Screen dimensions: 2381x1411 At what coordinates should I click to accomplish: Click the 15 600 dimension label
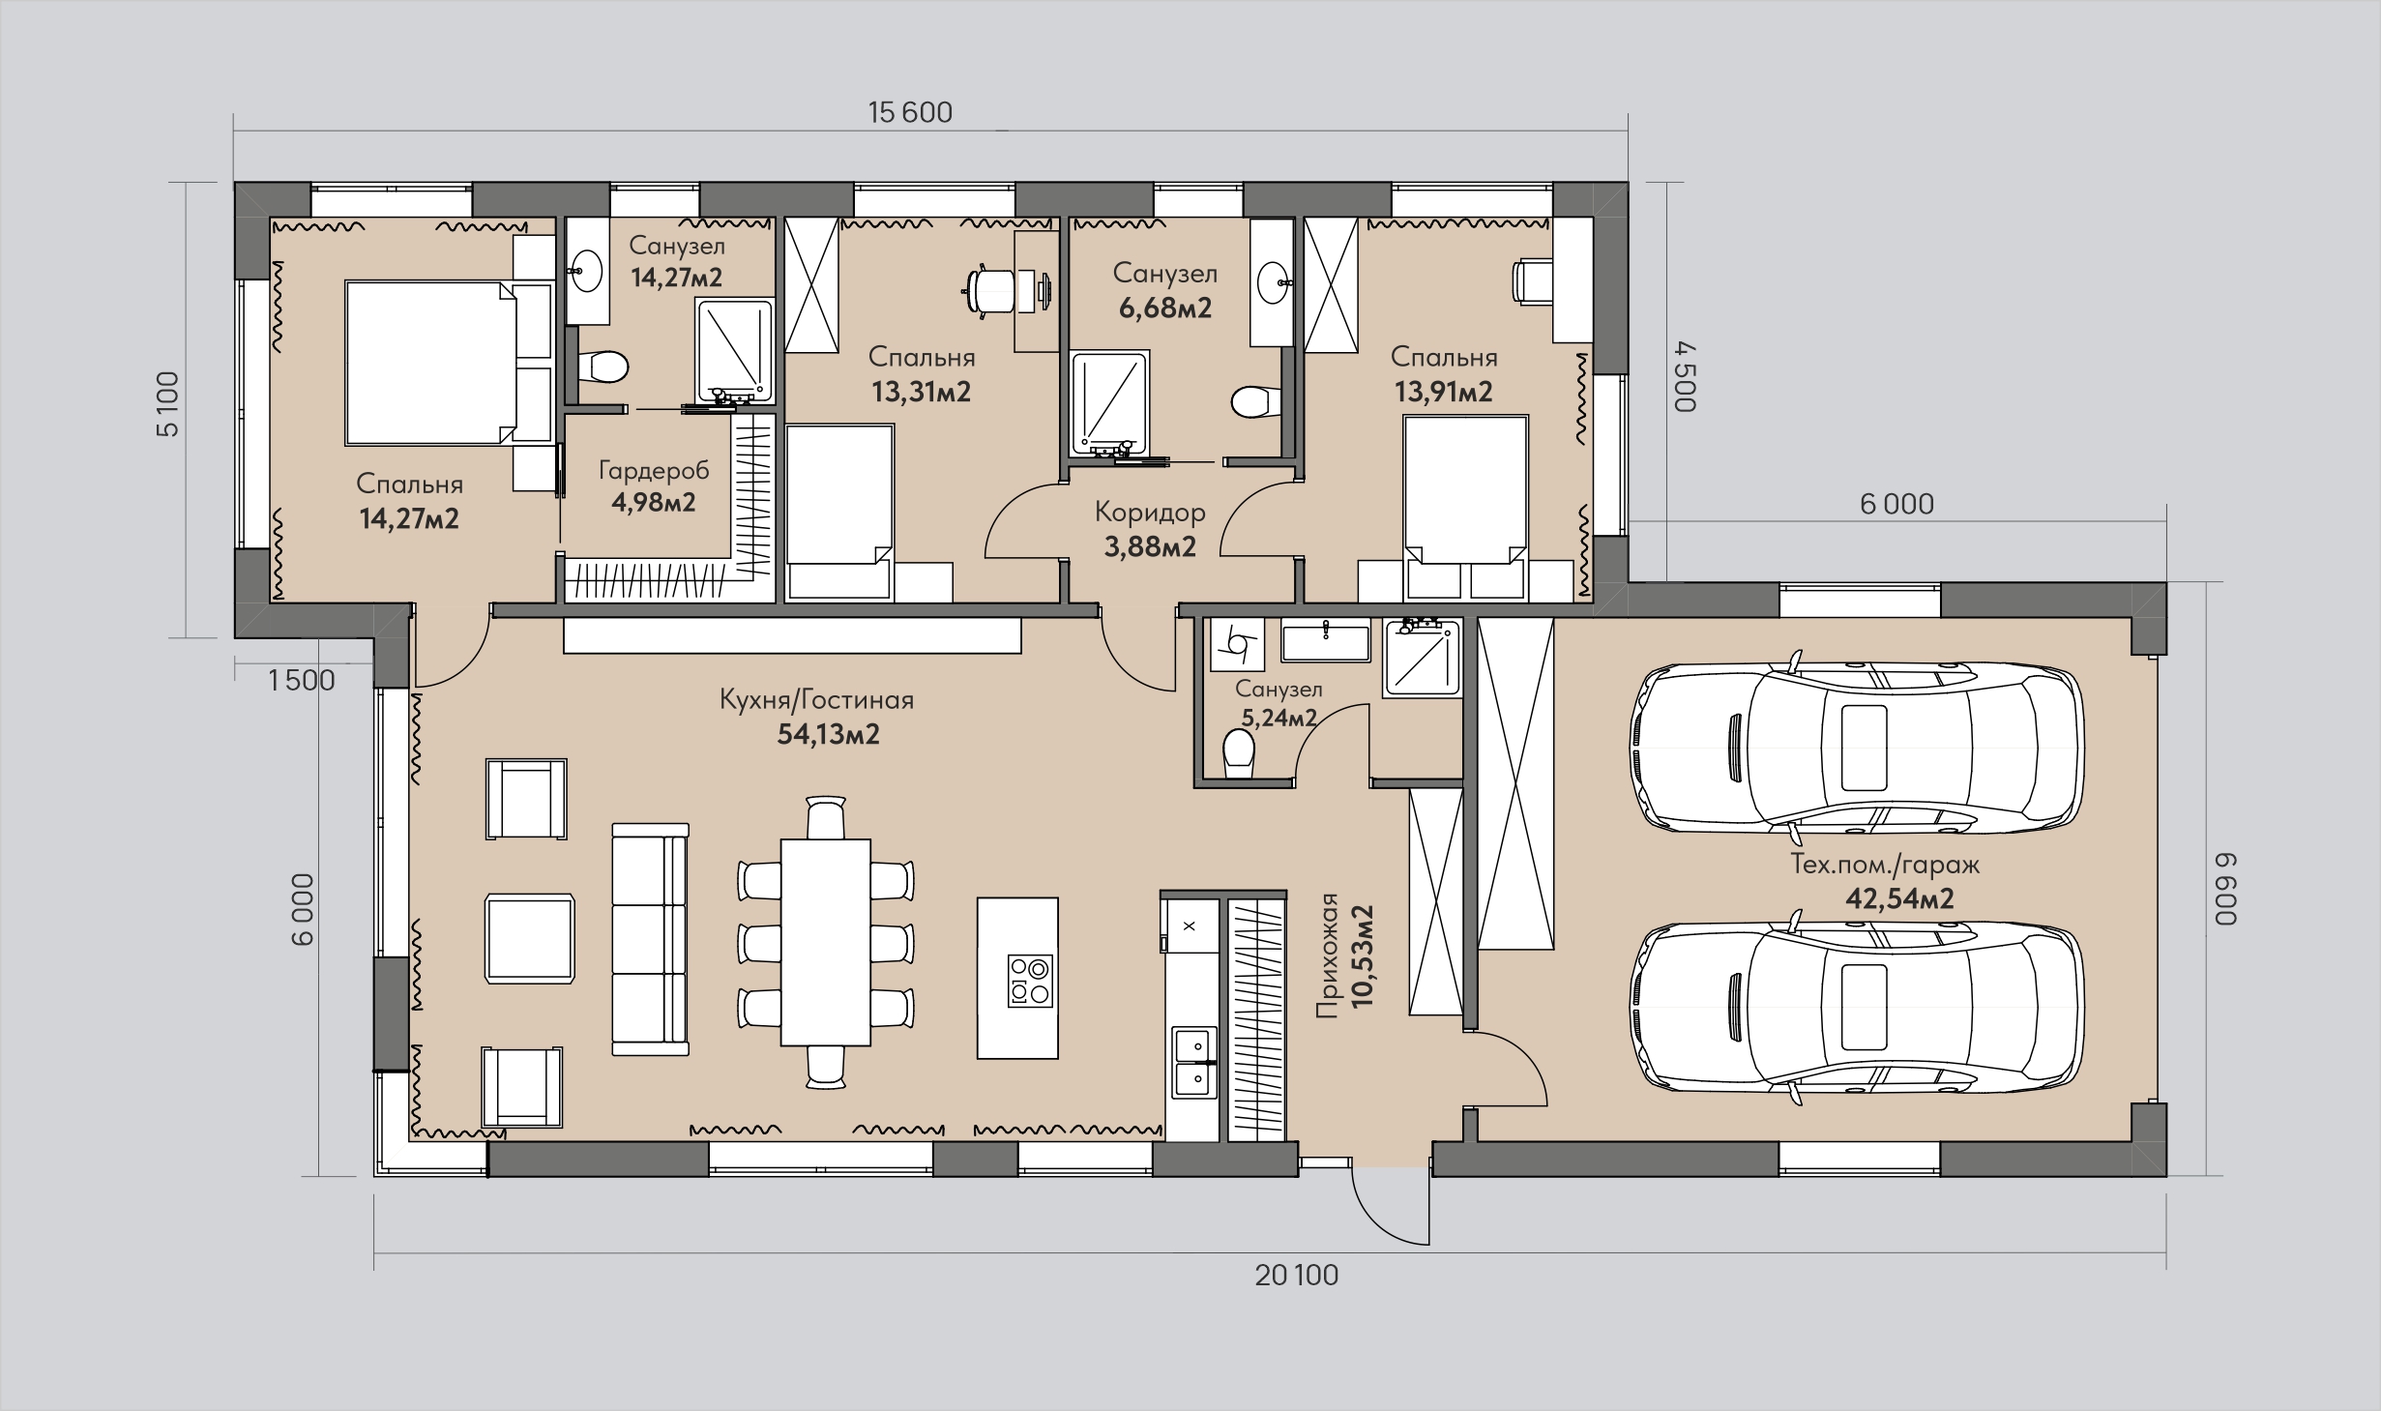click(910, 113)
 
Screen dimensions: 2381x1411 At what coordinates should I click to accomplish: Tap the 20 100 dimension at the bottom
click(1297, 1276)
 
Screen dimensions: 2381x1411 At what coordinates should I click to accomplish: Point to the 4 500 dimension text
click(1686, 376)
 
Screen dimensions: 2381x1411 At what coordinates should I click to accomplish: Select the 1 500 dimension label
click(302, 681)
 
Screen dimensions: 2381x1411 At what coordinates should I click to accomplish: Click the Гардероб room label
click(654, 471)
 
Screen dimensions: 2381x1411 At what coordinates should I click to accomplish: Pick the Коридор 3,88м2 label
click(1150, 529)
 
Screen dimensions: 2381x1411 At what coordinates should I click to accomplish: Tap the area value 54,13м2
click(829, 735)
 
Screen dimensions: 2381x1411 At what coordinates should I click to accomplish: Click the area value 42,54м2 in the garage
click(1899, 898)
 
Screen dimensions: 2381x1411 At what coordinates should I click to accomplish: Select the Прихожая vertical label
click(1327, 955)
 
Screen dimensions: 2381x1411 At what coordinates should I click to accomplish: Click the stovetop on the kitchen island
click(1029, 981)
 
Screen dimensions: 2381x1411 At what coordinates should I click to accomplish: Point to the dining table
click(825, 942)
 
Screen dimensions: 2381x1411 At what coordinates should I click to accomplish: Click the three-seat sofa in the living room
click(651, 939)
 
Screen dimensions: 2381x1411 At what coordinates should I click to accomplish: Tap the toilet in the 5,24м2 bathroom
click(1239, 753)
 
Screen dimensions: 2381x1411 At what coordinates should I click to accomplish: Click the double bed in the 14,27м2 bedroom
click(431, 363)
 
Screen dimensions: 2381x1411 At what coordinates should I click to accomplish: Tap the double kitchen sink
click(1195, 1062)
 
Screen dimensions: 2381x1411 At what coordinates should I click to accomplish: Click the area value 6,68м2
click(1165, 309)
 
